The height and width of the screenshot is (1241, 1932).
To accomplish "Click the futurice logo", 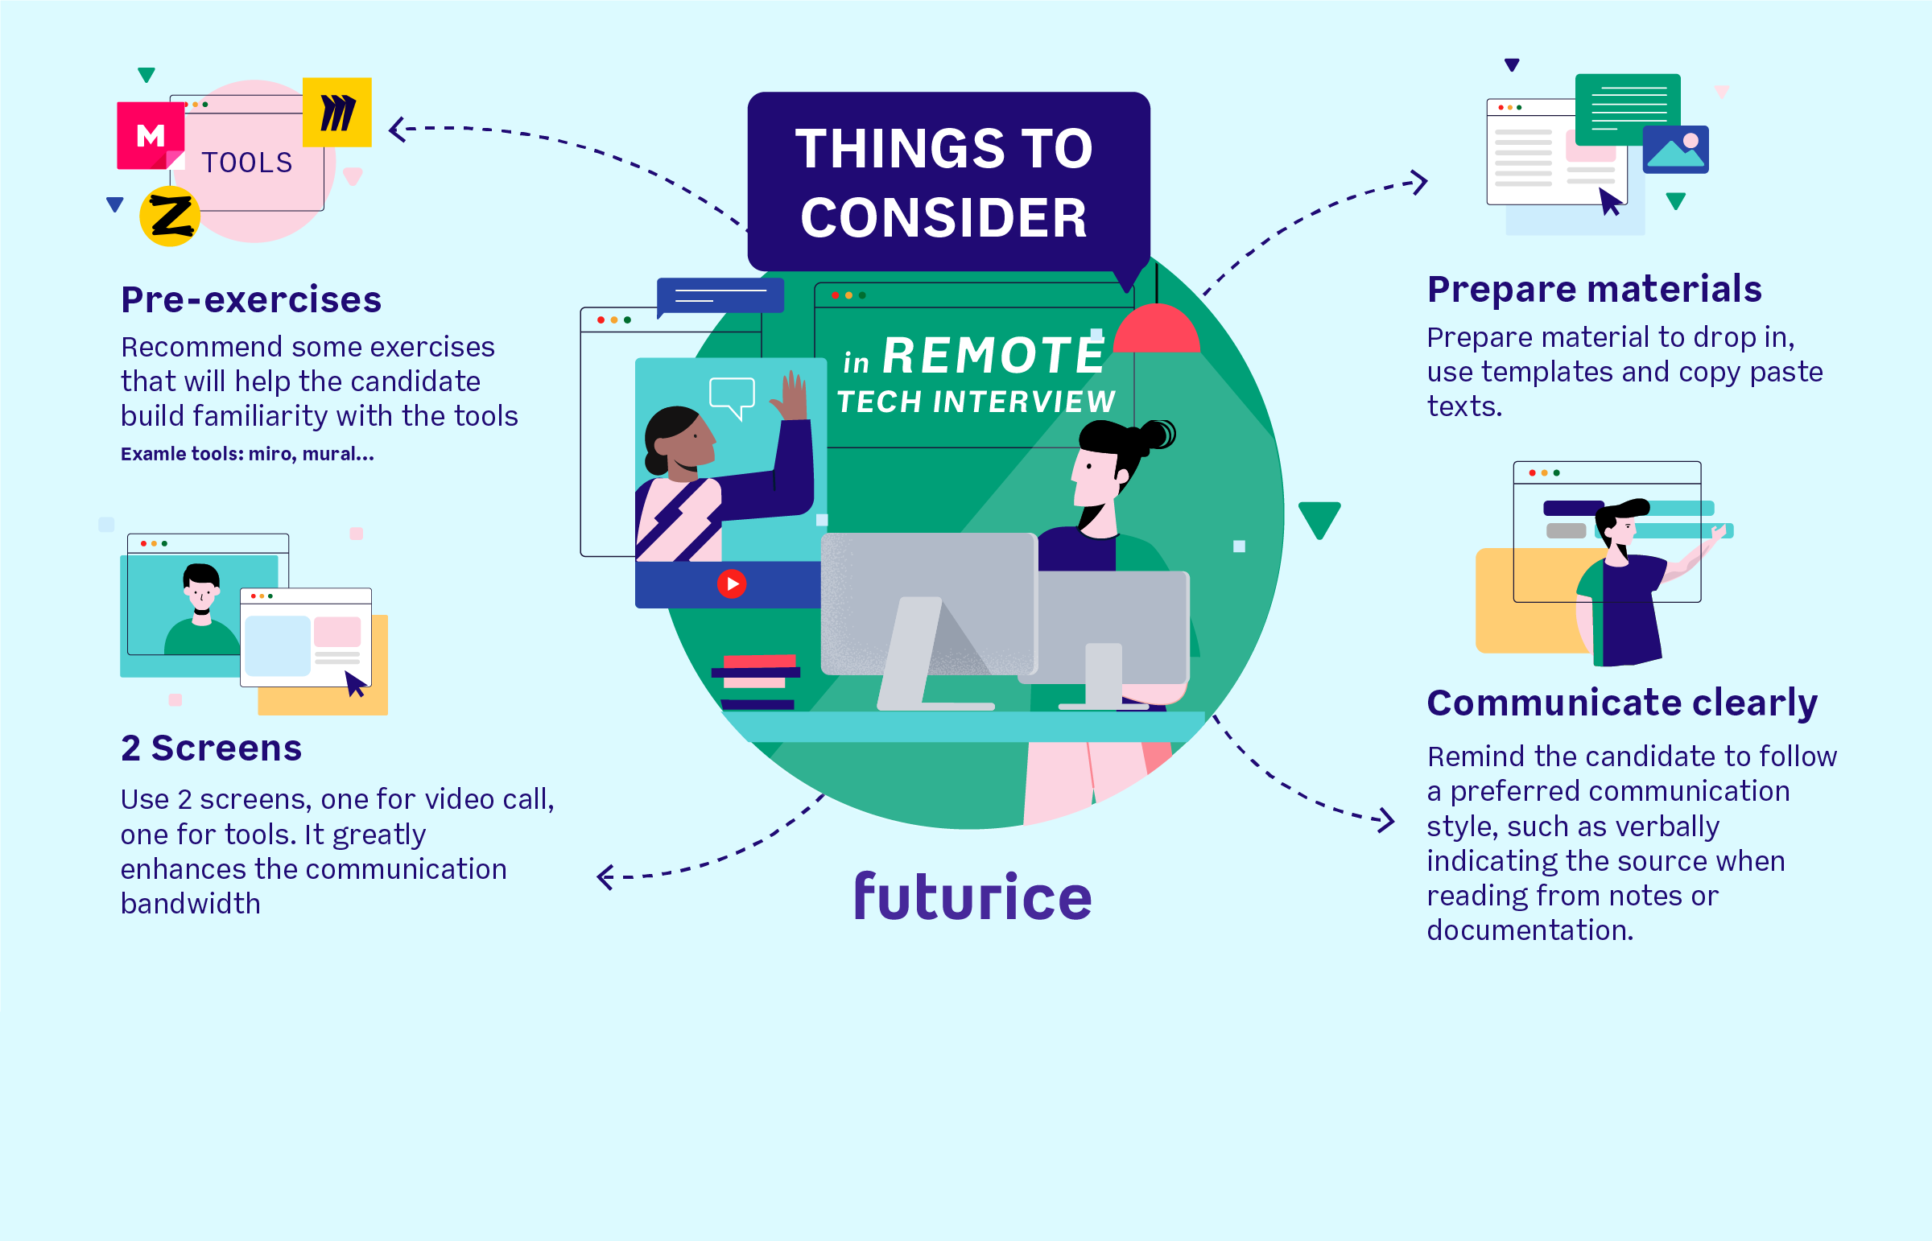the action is coord(972,896).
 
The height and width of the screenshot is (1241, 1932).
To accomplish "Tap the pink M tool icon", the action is coord(150,135).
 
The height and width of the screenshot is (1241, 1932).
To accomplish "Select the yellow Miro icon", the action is coord(337,112).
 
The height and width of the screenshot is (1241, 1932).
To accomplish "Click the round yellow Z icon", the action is coord(170,216).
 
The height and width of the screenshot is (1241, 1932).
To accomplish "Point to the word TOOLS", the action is coord(246,163).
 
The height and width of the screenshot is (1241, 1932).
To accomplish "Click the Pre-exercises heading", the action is coord(250,299).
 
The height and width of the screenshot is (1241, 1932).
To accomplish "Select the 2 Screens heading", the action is coord(211,748).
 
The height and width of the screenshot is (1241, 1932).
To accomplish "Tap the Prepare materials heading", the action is coord(1593,288).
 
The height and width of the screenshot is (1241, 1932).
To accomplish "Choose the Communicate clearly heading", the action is coord(1621,702).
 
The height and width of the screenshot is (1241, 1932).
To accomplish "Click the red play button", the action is coord(731,583).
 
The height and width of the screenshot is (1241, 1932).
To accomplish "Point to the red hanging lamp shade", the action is coord(1157,331).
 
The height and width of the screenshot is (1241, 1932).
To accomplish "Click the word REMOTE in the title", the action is coord(993,356).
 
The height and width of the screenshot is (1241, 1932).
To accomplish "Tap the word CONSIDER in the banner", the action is coord(943,217).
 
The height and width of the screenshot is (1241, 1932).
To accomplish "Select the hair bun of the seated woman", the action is coord(1158,435).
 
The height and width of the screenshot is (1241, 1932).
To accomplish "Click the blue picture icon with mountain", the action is coord(1675,149).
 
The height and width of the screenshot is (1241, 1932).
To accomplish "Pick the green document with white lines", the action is coord(1628,109).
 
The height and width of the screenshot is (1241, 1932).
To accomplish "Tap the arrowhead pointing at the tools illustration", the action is coord(397,129).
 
